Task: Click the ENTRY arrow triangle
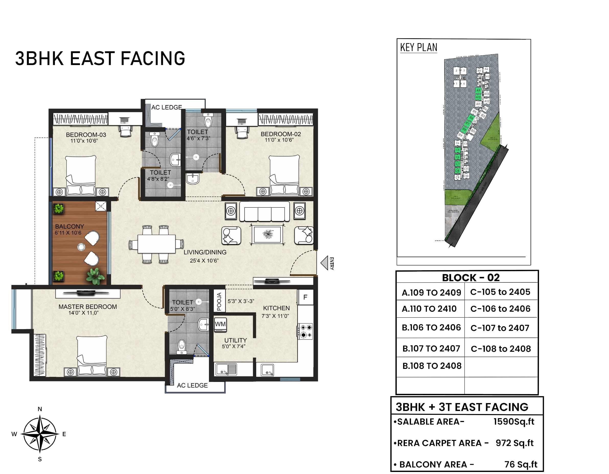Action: pos(324,263)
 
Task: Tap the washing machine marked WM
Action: pos(220,325)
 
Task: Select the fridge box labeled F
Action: pos(305,297)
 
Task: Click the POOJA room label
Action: pos(219,302)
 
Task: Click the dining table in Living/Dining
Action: pos(156,244)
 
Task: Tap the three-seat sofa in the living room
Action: pos(264,212)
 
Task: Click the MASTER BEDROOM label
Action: pos(88,307)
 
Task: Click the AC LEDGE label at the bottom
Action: pos(192,385)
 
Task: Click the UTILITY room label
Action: pos(236,340)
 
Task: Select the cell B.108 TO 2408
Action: pos(432,366)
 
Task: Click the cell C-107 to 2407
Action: pos(500,328)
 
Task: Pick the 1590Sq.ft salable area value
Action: pos(514,422)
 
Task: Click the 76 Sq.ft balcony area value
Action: pos(521,464)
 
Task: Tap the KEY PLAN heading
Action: pos(418,48)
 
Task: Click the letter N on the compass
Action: pos(40,409)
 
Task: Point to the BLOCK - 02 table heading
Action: pos(471,278)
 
